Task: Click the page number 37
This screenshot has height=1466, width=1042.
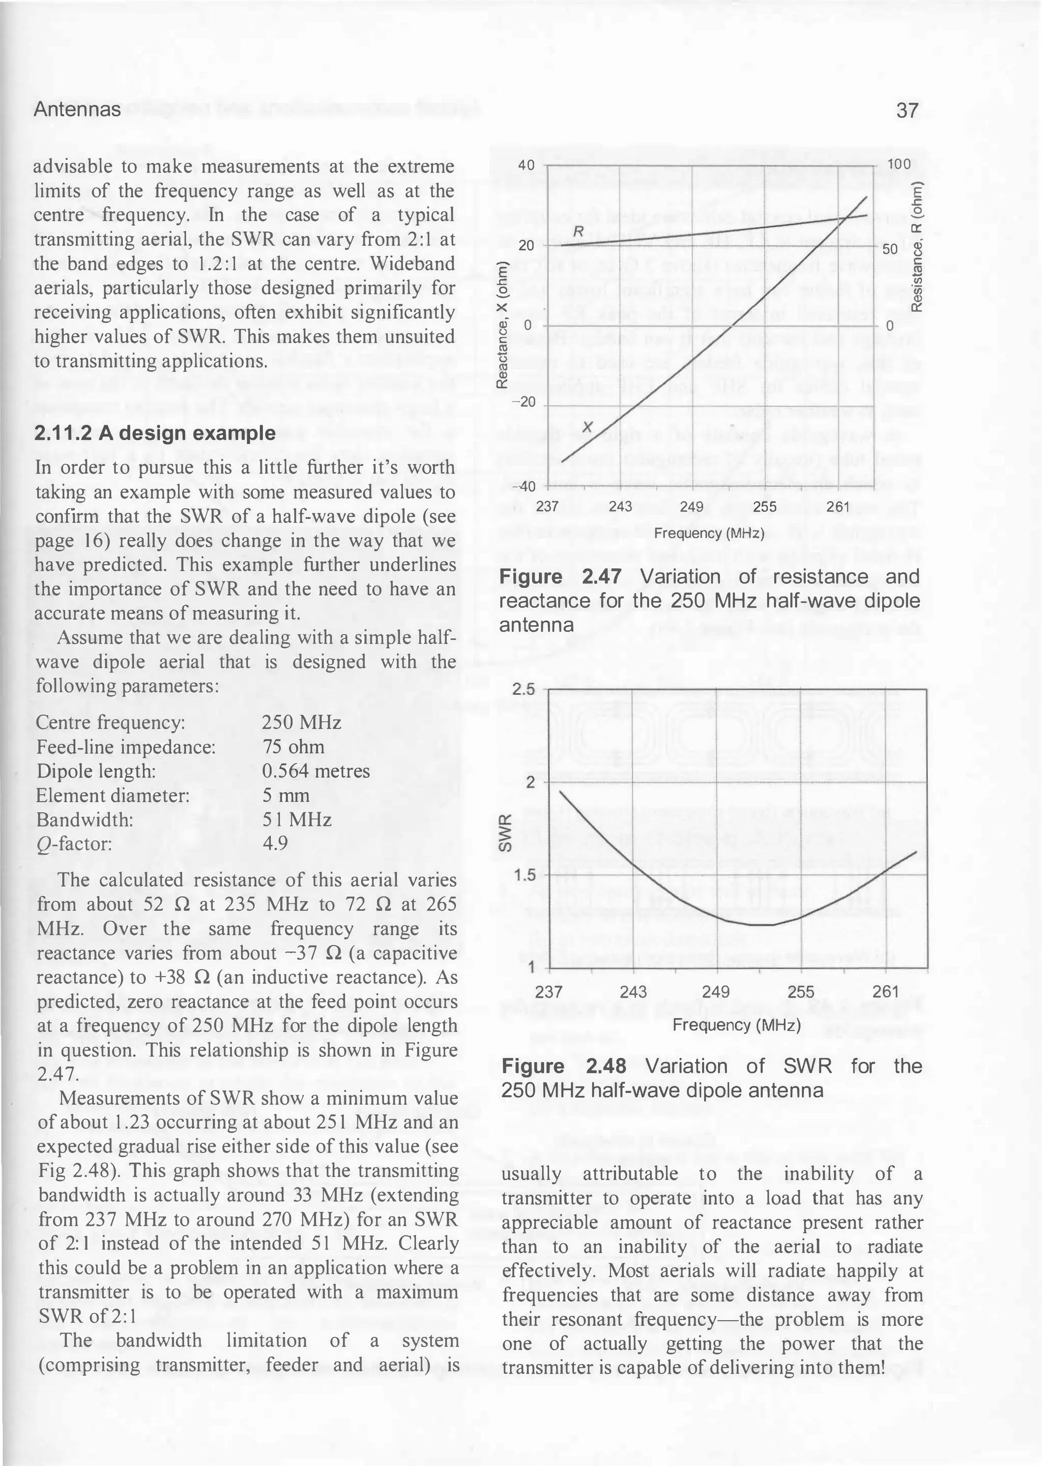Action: coord(907,110)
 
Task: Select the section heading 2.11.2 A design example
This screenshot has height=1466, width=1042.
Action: coord(155,433)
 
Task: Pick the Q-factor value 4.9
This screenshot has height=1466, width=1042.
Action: coord(275,844)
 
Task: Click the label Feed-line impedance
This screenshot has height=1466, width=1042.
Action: coord(126,747)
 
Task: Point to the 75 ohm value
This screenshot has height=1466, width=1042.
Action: coord(293,747)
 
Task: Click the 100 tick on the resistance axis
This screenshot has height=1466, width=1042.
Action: coord(899,164)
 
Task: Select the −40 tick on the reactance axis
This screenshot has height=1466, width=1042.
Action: coord(524,487)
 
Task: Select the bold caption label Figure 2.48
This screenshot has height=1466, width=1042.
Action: coord(563,1067)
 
